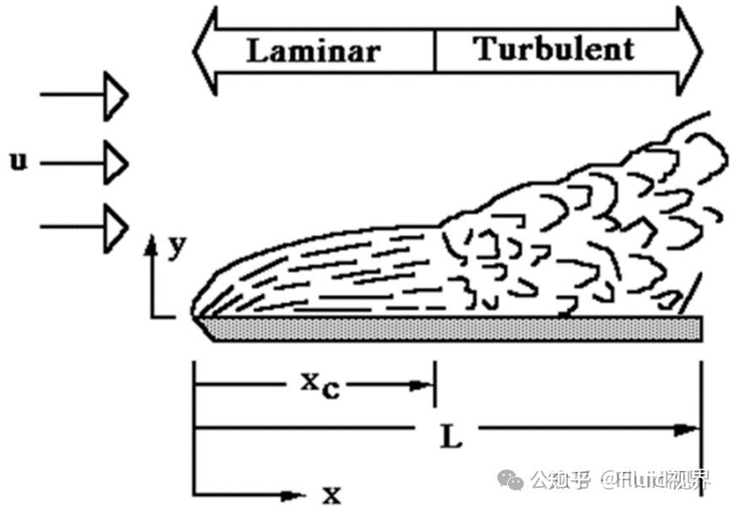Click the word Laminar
pyautogui.click(x=313, y=51)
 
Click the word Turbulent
pyautogui.click(x=554, y=49)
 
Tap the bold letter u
pyautogui.click(x=18, y=160)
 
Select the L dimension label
pyautogui.click(x=452, y=437)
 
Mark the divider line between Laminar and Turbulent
pyautogui.click(x=435, y=51)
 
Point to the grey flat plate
pyautogui.click(x=456, y=328)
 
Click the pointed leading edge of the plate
pyautogui.click(x=197, y=319)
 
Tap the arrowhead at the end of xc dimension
pyautogui.click(x=424, y=386)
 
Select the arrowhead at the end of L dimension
pyautogui.click(x=689, y=430)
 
